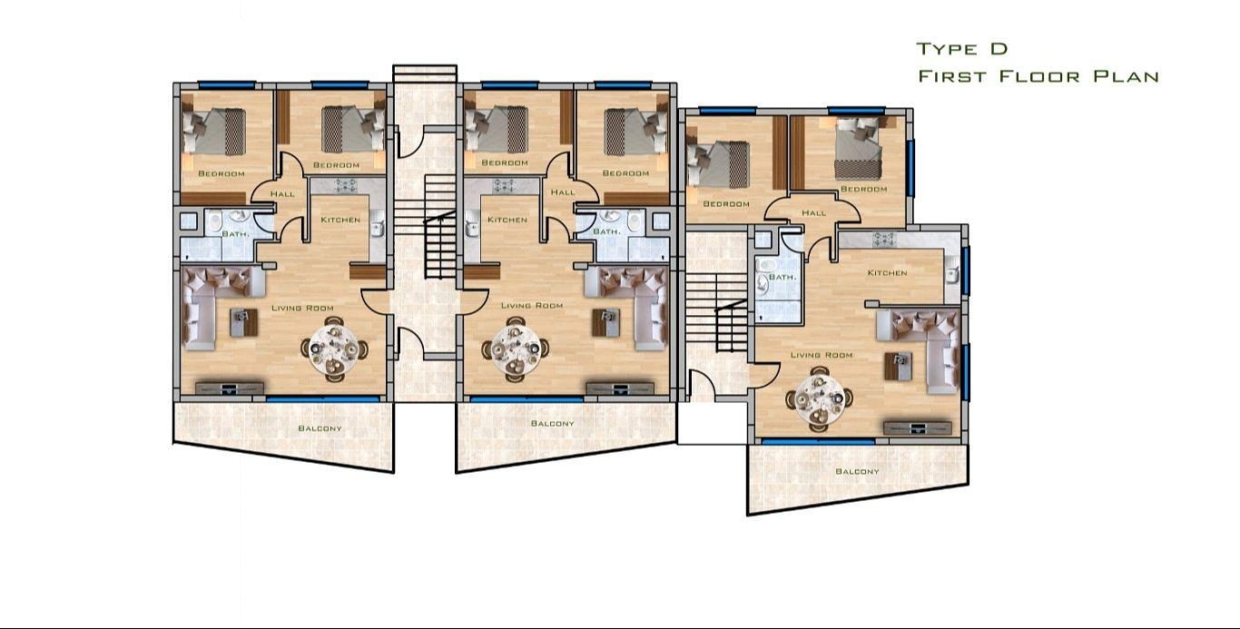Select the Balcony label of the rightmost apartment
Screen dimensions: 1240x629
857,471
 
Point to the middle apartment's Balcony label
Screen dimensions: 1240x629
553,424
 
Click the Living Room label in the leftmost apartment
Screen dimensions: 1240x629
302,308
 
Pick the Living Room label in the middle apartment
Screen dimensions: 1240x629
532,306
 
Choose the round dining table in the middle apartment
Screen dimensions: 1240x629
516,349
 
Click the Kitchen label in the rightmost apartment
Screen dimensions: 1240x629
888,273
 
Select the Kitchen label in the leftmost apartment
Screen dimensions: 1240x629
340,220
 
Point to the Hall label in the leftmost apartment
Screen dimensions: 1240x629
282,194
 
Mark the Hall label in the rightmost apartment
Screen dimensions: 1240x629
813,212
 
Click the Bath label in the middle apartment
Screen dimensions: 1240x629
606,231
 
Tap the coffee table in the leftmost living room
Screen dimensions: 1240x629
244,322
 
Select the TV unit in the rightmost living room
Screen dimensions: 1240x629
917,428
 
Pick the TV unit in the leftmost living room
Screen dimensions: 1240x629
229,388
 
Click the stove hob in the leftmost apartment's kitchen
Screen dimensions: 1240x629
346,185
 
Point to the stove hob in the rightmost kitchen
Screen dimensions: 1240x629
884,240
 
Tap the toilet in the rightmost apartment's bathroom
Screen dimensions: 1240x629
766,267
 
